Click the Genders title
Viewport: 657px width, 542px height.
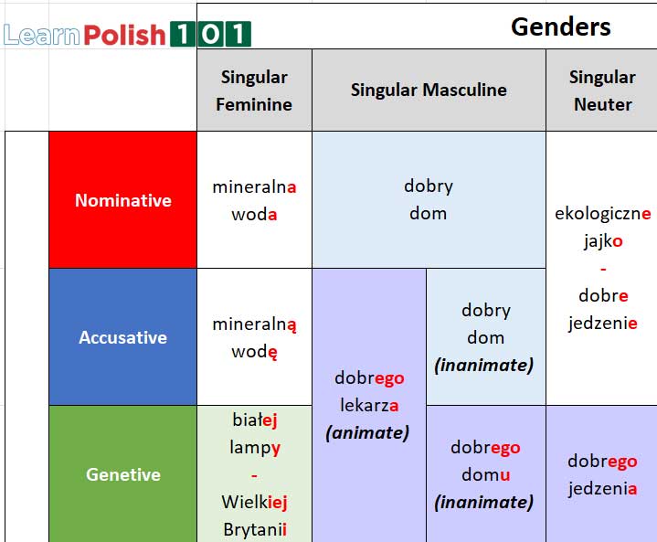pyautogui.click(x=560, y=27)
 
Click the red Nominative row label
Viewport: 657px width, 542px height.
pyautogui.click(x=122, y=200)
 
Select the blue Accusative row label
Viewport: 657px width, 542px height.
pyautogui.click(x=122, y=337)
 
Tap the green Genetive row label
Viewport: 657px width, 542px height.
pyautogui.click(x=122, y=474)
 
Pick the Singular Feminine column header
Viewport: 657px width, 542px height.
pyautogui.click(x=254, y=90)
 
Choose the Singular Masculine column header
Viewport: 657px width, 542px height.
pyautogui.click(x=429, y=90)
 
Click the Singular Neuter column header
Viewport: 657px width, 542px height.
pyautogui.click(x=602, y=90)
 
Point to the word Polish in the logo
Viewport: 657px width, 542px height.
pyautogui.click(x=125, y=36)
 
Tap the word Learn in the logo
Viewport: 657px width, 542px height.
pyautogui.click(x=42, y=36)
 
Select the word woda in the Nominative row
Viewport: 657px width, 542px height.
pyautogui.click(x=254, y=215)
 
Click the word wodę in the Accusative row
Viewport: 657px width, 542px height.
pyautogui.click(x=254, y=352)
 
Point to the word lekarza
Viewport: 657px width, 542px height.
pyautogui.click(x=369, y=405)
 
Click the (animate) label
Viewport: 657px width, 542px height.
pyautogui.click(x=367, y=432)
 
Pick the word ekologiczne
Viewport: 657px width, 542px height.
pyautogui.click(x=602, y=214)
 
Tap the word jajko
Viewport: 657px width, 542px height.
pyautogui.click(x=602, y=241)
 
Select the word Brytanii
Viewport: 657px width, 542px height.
pyautogui.click(x=254, y=529)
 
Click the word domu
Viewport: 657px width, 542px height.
pyautogui.click(x=484, y=474)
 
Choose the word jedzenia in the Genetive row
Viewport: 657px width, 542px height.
pyautogui.click(x=602, y=489)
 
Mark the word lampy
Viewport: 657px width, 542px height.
pyautogui.click(x=254, y=447)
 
